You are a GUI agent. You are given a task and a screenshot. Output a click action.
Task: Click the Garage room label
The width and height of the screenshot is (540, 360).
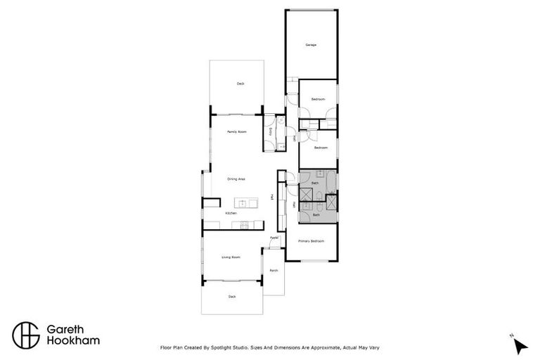[x=311, y=45]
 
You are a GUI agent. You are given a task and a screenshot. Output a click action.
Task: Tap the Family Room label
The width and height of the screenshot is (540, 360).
[x=236, y=132]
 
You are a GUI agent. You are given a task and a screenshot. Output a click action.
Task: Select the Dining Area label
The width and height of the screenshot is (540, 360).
[x=236, y=179]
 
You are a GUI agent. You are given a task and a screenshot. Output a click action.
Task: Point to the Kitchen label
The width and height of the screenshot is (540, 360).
[x=231, y=213]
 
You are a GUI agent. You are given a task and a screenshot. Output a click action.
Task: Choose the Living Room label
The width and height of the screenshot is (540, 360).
[x=231, y=257]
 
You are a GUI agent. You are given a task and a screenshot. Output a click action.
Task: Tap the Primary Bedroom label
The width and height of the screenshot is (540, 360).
[x=311, y=241]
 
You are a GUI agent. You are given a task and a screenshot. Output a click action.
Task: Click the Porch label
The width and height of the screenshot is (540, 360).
[x=274, y=271]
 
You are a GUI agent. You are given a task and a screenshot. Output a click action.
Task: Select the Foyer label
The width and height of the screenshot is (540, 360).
[x=274, y=238]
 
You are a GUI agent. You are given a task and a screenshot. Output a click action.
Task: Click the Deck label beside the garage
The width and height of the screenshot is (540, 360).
[x=240, y=84]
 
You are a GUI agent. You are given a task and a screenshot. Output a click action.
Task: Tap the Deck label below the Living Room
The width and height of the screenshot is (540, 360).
[x=232, y=297]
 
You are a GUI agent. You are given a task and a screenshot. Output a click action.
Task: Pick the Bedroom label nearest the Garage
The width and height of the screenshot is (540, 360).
[x=319, y=99]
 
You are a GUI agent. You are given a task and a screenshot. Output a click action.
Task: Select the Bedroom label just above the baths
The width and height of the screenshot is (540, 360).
[x=321, y=148]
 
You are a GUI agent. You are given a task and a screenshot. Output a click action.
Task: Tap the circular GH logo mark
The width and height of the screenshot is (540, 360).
[x=26, y=335]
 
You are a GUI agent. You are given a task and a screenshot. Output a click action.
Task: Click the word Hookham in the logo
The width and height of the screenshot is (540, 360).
[x=73, y=341]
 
